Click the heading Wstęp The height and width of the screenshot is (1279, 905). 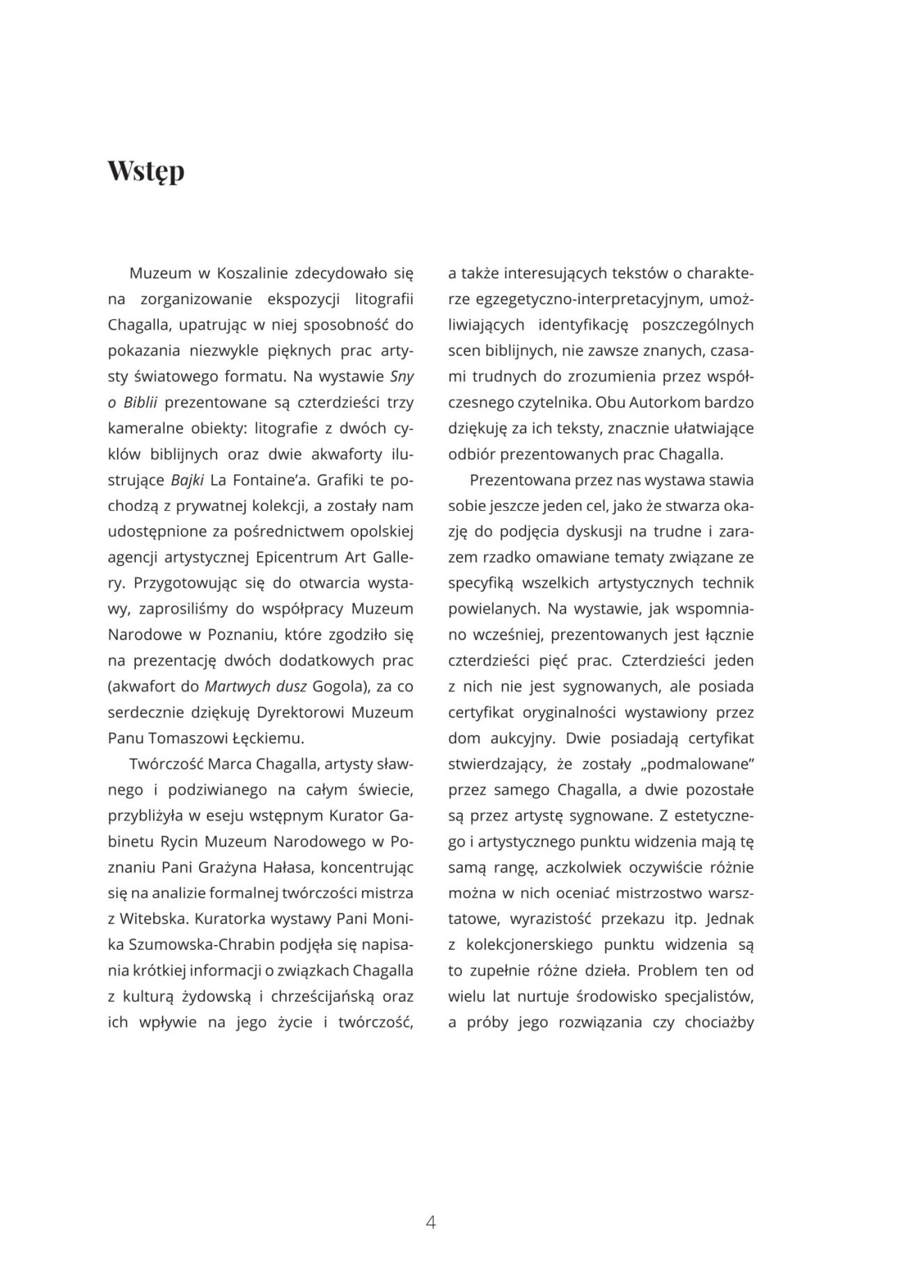click(x=146, y=171)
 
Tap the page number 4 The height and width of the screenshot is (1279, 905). click(x=430, y=1222)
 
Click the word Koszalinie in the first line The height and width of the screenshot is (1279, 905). click(x=251, y=273)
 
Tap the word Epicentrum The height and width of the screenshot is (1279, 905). click(x=297, y=557)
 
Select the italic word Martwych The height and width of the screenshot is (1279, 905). click(x=237, y=686)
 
